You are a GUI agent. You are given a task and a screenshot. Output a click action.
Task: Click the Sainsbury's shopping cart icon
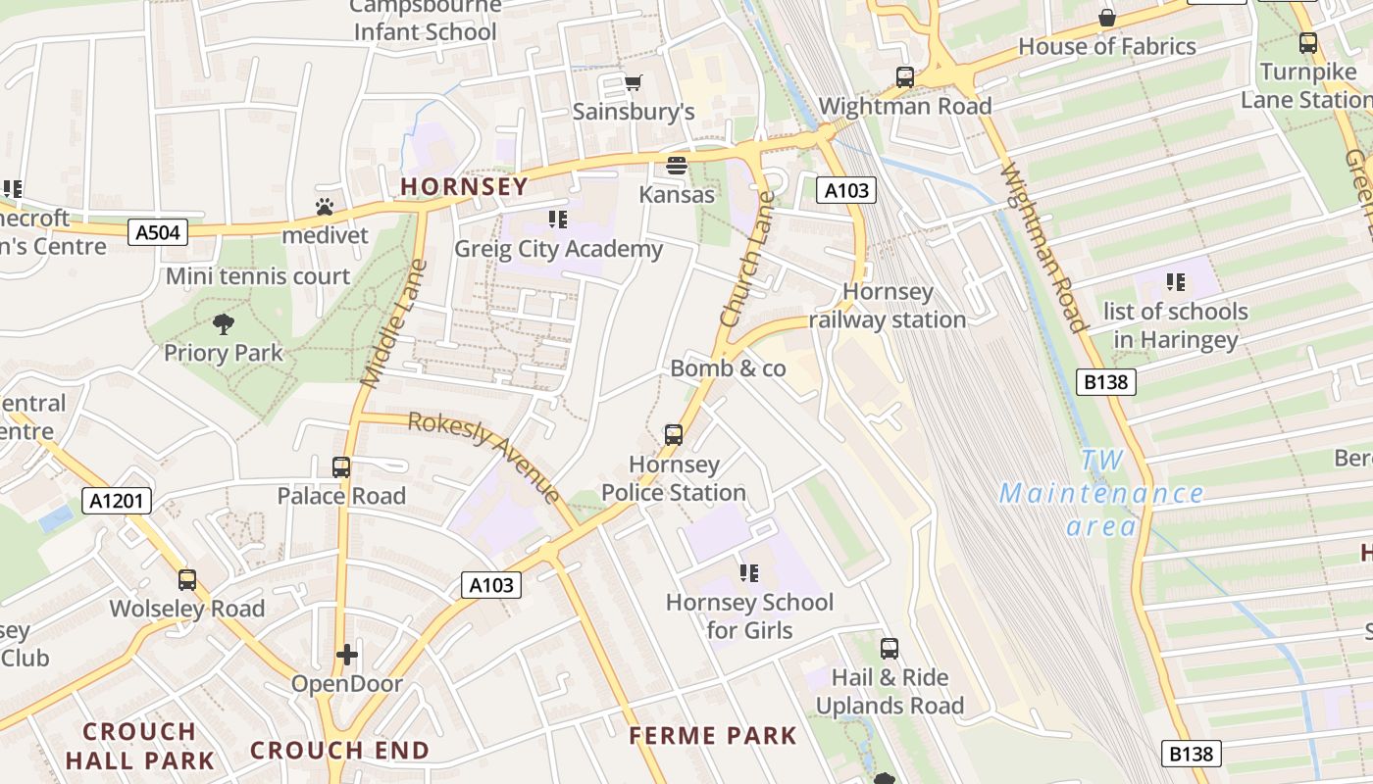point(634,82)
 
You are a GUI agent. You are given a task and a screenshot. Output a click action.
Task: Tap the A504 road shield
point(157,232)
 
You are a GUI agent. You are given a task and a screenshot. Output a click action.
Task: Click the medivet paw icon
point(325,207)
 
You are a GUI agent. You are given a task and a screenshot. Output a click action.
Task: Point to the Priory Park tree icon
point(224,324)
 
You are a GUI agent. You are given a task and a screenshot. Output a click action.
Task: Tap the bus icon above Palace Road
point(341,467)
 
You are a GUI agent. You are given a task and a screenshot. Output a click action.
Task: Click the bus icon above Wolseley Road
point(187,580)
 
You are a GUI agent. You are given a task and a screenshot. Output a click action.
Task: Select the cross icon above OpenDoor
point(346,655)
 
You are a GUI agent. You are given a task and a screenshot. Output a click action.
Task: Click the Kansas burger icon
point(677,165)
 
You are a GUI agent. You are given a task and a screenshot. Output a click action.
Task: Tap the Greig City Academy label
point(558,249)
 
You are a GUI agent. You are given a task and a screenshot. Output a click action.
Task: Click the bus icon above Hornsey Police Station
point(674,435)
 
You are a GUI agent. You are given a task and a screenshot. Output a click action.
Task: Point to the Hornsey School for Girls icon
point(749,573)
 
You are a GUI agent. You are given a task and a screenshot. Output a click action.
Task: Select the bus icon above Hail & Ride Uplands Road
point(890,649)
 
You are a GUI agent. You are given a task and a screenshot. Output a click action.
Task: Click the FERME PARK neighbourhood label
point(713,735)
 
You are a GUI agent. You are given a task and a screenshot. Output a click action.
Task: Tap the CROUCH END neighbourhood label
point(339,751)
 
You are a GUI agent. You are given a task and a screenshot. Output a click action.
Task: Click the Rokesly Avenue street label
point(483,456)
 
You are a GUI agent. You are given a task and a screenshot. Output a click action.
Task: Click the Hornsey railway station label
point(889,306)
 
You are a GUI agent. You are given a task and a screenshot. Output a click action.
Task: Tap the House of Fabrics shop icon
point(1107,18)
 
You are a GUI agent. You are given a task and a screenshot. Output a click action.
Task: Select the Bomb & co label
point(728,368)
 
